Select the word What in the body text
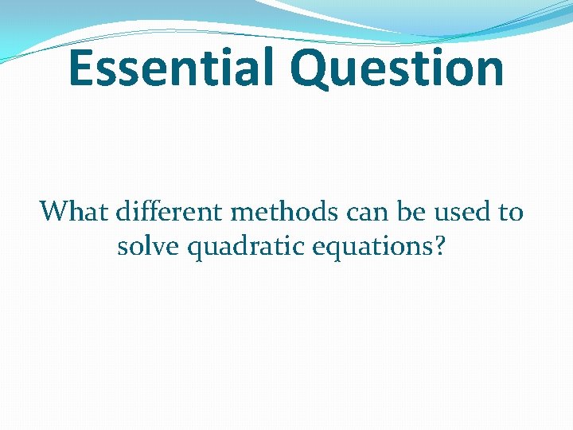coord(74,212)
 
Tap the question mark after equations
coord(439,247)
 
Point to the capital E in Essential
coord(83,68)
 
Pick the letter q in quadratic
coord(198,251)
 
